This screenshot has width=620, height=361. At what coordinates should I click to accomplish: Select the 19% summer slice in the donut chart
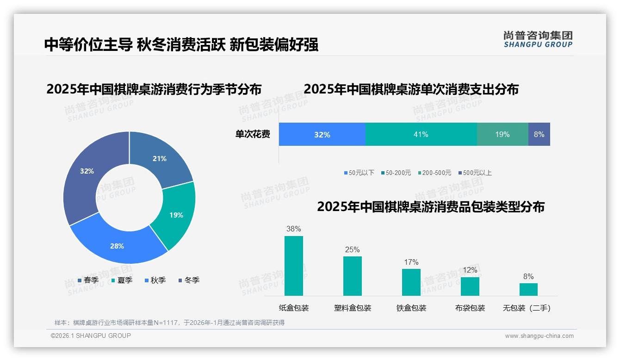176,215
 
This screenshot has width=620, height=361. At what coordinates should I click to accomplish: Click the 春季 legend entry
88,280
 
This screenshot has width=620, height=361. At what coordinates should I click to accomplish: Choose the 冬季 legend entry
188,280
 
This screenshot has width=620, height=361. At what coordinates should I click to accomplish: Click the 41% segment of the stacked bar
421,135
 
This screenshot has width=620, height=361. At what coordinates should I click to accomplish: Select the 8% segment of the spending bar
539,135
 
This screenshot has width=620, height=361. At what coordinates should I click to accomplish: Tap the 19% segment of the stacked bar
502,135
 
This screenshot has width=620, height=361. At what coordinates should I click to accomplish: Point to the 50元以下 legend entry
359,173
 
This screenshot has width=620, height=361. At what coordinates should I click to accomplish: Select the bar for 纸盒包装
294,266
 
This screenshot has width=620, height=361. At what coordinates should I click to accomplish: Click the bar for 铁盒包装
411,282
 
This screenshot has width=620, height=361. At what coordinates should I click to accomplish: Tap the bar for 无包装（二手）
528,289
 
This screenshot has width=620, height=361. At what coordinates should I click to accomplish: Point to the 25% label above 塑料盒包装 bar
352,250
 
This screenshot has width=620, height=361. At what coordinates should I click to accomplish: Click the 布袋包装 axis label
470,308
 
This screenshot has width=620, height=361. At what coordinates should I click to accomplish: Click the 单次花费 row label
253,135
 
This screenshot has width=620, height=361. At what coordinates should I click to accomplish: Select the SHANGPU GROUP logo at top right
538,39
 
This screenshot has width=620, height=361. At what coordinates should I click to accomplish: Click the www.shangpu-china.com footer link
539,336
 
